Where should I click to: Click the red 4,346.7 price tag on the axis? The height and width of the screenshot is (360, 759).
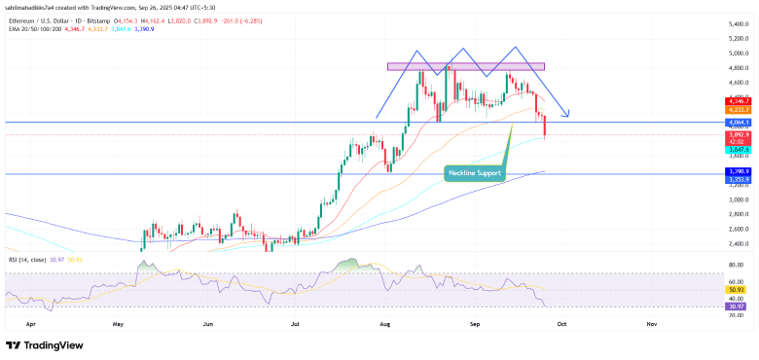click(x=738, y=101)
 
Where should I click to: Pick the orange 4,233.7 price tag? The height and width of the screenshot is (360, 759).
click(x=738, y=110)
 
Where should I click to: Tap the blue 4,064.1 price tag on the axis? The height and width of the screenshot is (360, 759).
click(x=738, y=123)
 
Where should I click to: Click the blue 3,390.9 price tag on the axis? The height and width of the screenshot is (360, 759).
click(x=738, y=171)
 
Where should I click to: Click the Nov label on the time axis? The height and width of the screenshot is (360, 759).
click(x=650, y=320)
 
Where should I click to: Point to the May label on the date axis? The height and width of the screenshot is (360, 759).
click(x=119, y=320)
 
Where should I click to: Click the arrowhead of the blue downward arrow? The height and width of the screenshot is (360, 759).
click(x=566, y=115)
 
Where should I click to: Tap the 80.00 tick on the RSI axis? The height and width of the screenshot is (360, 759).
click(x=738, y=265)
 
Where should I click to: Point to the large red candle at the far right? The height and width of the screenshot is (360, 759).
click(x=544, y=125)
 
